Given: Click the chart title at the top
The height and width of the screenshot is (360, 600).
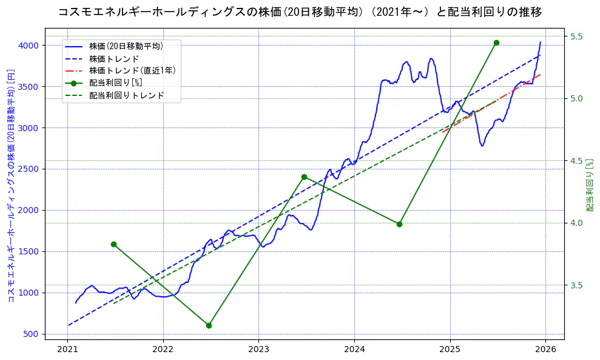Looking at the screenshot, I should click(300, 12).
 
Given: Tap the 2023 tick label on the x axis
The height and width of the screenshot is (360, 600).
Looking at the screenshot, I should click(258, 350).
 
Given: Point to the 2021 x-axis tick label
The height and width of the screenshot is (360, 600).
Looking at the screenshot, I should click(67, 350).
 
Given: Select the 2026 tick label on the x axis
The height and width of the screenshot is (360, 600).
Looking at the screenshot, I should click(545, 350).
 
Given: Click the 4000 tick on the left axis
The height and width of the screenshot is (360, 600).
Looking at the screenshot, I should click(29, 46).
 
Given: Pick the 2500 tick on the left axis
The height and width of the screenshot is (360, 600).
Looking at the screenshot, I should click(29, 169).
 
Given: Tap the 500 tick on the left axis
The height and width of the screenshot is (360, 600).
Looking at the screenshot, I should click(31, 335).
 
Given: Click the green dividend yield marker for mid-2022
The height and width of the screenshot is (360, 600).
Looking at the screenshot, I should click(209, 325).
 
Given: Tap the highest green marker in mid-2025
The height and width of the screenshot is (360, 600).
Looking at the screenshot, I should click(496, 42).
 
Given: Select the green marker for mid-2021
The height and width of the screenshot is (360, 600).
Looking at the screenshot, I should click(113, 244).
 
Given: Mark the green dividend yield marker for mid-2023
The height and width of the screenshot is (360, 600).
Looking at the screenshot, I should click(304, 177).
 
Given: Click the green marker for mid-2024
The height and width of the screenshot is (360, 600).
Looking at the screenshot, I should click(399, 224).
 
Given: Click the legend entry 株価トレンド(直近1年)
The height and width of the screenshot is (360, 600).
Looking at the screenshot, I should click(132, 70).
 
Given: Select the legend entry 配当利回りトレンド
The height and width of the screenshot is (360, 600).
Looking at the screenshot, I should click(126, 95).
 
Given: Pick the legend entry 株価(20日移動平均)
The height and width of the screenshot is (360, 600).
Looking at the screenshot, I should click(126, 46).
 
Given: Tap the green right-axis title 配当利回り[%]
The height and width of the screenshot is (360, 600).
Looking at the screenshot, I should click(590, 186).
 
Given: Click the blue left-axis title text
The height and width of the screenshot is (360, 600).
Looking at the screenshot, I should click(10, 186).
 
